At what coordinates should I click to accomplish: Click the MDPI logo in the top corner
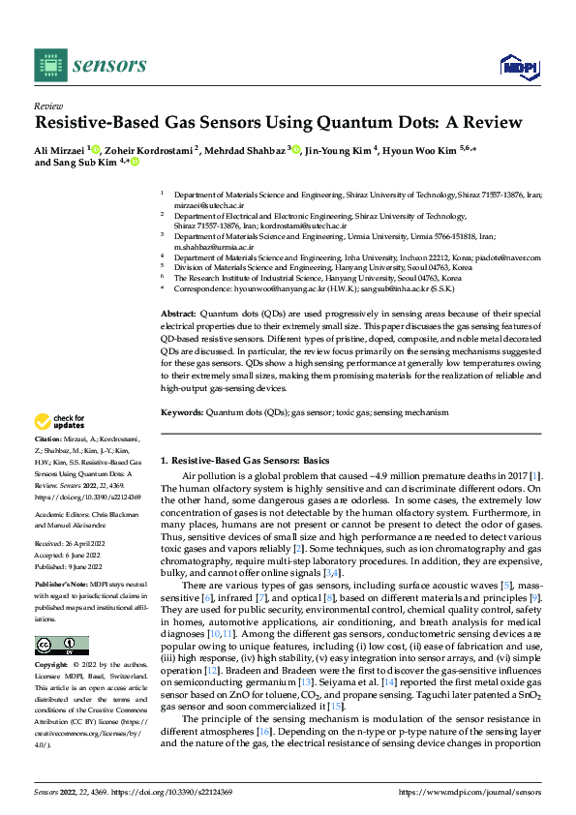(517, 66)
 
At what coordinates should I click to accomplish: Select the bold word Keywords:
(182, 412)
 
